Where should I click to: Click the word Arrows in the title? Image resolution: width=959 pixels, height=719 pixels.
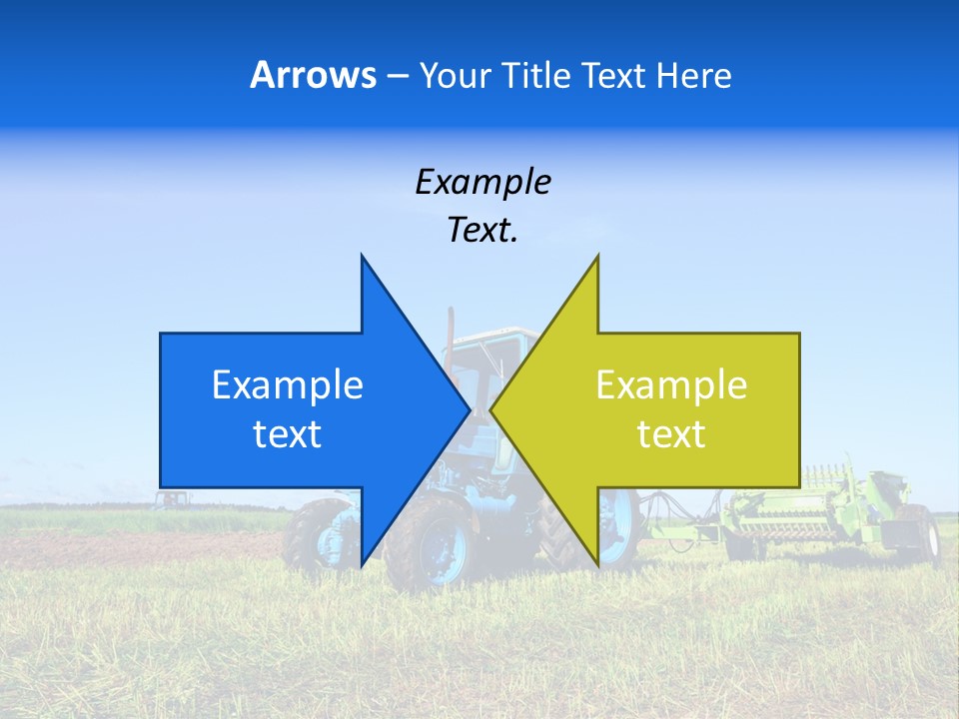[313, 75]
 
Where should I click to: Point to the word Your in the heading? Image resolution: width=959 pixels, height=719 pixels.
[456, 75]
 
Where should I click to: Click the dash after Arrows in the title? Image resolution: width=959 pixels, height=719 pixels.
[397, 77]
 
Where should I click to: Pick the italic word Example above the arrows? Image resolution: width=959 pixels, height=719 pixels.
[482, 182]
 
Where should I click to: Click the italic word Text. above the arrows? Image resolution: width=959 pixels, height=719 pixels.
[482, 231]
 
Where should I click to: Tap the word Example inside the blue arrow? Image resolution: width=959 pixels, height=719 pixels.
[288, 384]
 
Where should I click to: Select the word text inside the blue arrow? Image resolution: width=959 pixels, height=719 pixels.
[288, 434]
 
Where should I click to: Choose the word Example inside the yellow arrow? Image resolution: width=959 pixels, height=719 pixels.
[671, 384]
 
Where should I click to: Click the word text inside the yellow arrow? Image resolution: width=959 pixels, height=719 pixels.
[671, 434]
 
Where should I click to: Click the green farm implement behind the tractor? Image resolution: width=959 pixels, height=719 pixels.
[819, 509]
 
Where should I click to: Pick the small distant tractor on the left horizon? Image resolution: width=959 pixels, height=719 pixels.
[172, 498]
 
